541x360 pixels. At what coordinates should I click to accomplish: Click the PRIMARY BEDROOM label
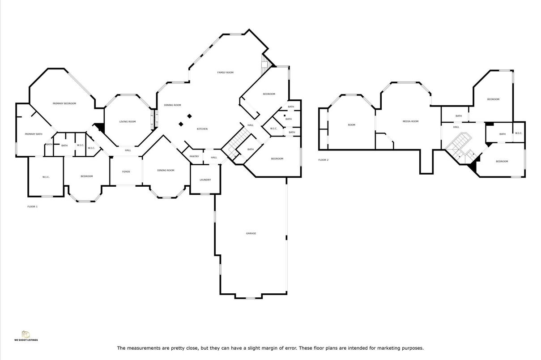(64, 103)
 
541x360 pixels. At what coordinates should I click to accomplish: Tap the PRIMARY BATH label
(34, 134)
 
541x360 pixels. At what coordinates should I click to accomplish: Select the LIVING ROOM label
(127, 122)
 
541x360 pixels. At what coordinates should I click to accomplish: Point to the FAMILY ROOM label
(225, 73)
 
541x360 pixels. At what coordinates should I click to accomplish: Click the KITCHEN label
(202, 129)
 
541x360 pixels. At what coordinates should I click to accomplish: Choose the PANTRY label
(194, 156)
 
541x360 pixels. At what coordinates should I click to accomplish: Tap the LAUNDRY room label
(205, 180)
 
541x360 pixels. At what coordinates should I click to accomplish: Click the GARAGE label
(251, 233)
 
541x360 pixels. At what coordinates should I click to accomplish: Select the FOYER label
(126, 171)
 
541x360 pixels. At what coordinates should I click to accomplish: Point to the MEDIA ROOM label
(410, 121)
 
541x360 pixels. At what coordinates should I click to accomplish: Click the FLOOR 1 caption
(32, 206)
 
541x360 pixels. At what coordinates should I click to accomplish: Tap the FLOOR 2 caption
(323, 160)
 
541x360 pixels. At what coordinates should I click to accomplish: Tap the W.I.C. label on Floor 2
(518, 133)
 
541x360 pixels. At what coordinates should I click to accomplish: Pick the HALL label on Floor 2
(456, 127)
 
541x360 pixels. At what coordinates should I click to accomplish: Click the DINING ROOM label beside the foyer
(166, 170)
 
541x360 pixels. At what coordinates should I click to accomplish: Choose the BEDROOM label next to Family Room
(269, 94)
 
